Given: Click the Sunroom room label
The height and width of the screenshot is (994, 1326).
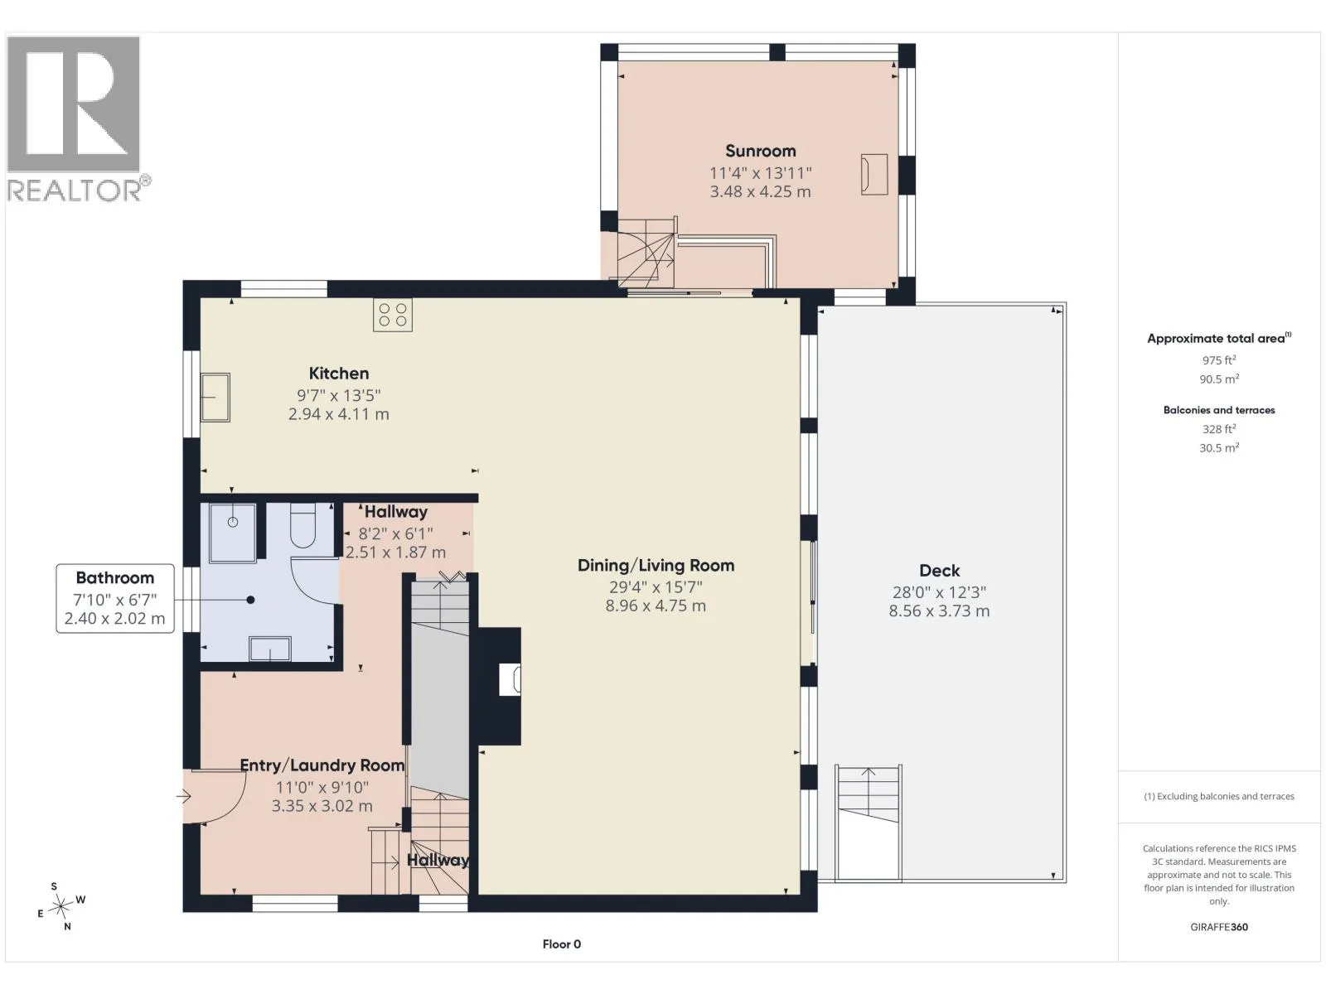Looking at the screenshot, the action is click(x=760, y=151).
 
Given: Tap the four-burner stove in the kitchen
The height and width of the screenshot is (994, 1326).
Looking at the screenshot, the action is click(x=393, y=315).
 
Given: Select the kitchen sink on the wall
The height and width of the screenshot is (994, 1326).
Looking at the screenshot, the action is click(x=215, y=397).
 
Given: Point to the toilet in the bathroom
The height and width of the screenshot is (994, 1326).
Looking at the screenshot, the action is click(x=303, y=526).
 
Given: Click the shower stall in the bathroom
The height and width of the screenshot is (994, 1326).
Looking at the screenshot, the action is click(x=233, y=533).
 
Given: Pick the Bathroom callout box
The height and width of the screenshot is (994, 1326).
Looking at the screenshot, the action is click(x=114, y=598).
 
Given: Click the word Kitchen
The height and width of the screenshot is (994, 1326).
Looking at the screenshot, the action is click(x=338, y=374).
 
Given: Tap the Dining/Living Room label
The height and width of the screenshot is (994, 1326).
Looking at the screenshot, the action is click(x=656, y=566).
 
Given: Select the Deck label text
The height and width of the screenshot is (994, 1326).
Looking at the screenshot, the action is click(x=939, y=571).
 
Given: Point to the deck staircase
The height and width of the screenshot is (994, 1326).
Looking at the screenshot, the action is click(x=869, y=822).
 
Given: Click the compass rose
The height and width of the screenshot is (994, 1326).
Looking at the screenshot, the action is click(x=60, y=906).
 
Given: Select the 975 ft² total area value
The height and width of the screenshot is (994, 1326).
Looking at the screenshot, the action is click(x=1218, y=360).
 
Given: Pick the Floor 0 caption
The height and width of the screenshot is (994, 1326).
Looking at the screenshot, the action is click(x=561, y=944).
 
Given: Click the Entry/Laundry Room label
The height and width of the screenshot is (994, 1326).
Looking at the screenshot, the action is click(x=322, y=765).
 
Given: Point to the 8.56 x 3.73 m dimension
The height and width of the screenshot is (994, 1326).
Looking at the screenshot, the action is click(x=939, y=610).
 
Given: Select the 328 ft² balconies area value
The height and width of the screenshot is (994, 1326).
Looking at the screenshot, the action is click(x=1218, y=429).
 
